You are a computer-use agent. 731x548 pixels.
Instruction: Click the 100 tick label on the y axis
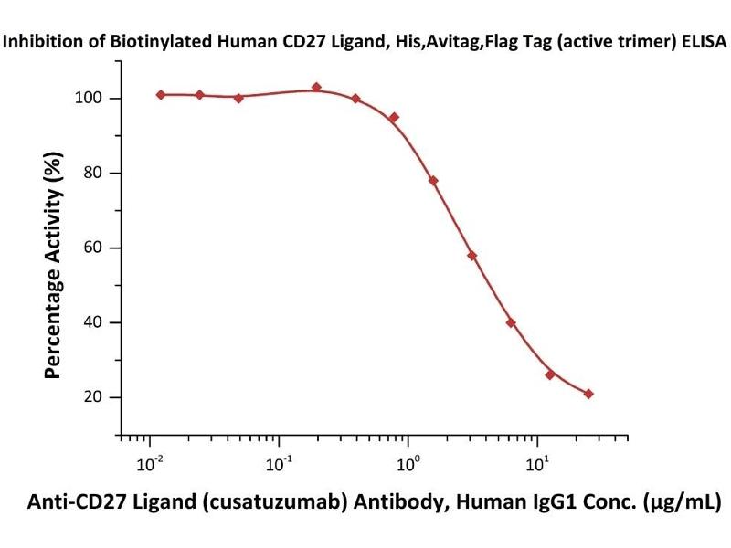point(89,99)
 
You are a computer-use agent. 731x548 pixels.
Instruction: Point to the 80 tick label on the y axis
point(93,174)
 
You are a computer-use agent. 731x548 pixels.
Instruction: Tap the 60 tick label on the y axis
point(93,248)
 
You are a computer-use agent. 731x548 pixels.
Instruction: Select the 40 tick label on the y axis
point(93,323)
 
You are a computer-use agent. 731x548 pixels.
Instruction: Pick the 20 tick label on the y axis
point(93,398)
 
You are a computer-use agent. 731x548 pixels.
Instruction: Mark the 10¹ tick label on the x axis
point(538,465)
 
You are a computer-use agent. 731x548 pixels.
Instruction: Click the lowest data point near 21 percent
point(588,394)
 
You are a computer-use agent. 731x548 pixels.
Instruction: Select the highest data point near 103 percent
point(316,88)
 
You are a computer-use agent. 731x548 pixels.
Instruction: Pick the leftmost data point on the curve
point(161,94)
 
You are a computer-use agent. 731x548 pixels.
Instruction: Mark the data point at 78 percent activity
point(433,181)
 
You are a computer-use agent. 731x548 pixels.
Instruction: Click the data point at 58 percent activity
point(471,256)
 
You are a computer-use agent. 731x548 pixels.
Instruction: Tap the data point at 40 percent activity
point(511,322)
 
